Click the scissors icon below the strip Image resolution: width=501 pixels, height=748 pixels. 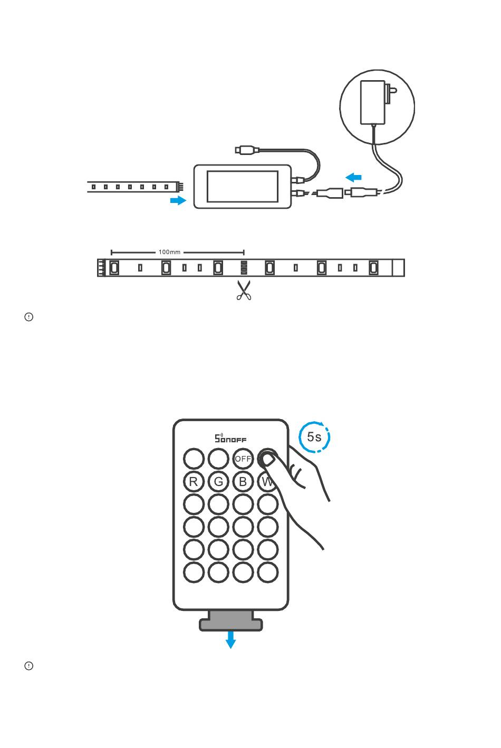[x=244, y=290]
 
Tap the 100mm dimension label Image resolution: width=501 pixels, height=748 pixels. [x=169, y=252]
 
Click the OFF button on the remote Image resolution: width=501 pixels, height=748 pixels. [x=243, y=459]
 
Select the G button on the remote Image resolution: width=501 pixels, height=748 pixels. [x=218, y=481]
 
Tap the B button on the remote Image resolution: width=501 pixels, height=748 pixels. [x=243, y=481]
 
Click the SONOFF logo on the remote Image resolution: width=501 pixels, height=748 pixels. [x=230, y=438]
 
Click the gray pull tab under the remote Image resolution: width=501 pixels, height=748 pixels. [x=231, y=621]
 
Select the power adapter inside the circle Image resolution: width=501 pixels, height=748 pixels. [x=373, y=102]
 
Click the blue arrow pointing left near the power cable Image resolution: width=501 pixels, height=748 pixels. [x=353, y=177]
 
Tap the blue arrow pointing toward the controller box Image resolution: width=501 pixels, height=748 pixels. [x=178, y=200]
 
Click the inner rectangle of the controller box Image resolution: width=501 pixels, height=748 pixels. [x=243, y=186]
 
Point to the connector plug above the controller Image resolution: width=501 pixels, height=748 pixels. [x=247, y=150]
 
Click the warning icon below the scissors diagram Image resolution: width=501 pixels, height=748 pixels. [x=29, y=317]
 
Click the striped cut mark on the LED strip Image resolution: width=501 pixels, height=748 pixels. [x=244, y=267]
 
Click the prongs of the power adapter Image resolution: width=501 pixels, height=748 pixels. [x=391, y=94]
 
